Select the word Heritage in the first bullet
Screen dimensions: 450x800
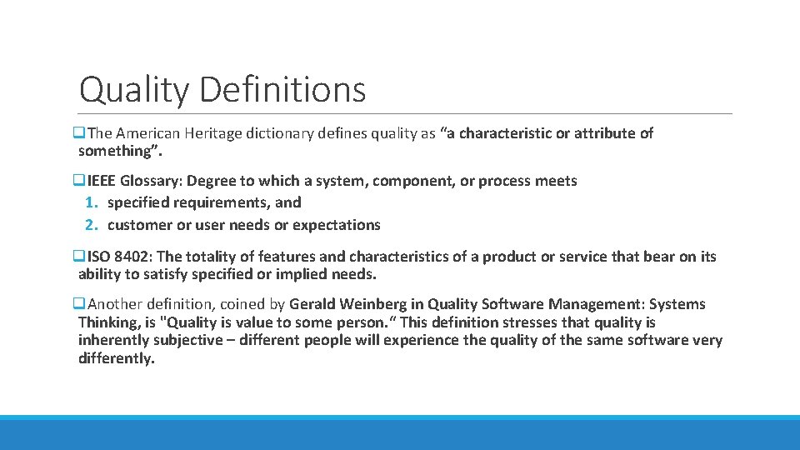[x=212, y=133]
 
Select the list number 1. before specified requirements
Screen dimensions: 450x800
[x=92, y=202]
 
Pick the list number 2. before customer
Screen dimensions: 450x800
[x=92, y=225]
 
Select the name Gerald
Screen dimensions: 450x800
[x=314, y=304]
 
